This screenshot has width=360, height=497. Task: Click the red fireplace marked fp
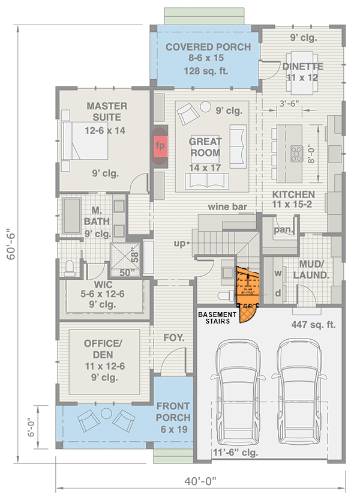[x=160, y=145]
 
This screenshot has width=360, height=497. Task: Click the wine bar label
[x=228, y=207]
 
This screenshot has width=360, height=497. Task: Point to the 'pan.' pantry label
[x=281, y=230]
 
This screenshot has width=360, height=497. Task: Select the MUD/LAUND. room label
[x=311, y=270]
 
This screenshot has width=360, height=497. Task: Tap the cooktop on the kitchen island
[x=296, y=152]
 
